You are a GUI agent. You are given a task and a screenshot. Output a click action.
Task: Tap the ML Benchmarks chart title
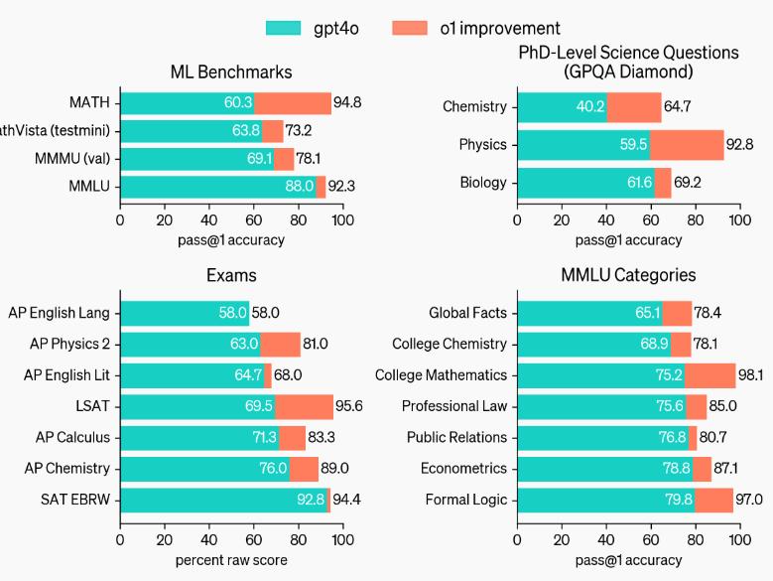[231, 72]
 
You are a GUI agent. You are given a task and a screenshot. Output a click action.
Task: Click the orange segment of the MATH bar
[293, 103]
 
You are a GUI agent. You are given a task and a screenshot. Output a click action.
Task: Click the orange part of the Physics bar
[687, 145]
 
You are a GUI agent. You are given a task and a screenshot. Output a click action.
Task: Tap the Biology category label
[483, 183]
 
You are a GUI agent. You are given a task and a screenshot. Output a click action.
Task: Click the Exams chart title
[231, 275]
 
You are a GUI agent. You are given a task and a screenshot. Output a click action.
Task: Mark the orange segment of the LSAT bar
[305, 406]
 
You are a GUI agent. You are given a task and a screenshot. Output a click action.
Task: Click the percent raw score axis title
[231, 560]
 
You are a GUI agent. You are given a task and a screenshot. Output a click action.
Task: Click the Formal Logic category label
[465, 500]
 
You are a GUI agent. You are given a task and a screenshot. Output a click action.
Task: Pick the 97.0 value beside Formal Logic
[749, 500]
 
